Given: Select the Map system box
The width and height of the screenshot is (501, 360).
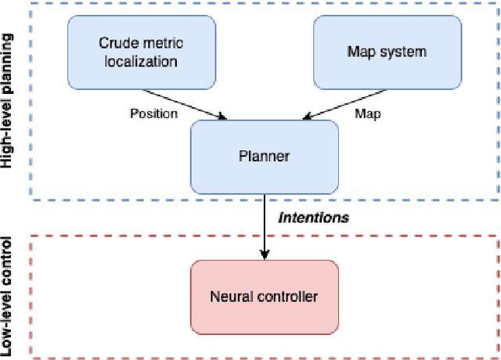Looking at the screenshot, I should pyautogui.click(x=387, y=52).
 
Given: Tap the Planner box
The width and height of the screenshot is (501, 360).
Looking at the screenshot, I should pyautogui.click(x=264, y=156).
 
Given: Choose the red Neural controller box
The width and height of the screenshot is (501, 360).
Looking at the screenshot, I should pyautogui.click(x=264, y=296).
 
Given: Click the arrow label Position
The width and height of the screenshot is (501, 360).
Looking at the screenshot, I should pyautogui.click(x=153, y=113).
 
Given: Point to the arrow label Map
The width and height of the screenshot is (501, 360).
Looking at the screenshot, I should pyautogui.click(x=368, y=113).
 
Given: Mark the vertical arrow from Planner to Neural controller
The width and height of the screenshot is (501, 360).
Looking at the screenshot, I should pyautogui.click(x=264, y=227).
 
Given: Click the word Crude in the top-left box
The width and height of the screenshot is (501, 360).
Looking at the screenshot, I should pyautogui.click(x=115, y=42).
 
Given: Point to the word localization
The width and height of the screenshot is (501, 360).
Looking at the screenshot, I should pyautogui.click(x=142, y=61).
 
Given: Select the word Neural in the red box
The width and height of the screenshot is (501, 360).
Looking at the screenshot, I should pyautogui.click(x=229, y=296).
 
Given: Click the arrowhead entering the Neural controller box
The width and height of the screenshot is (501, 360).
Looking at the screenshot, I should pyautogui.click(x=264, y=255).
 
